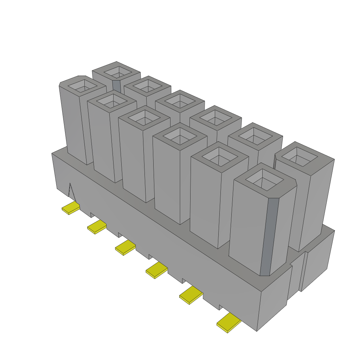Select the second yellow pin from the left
(97, 227)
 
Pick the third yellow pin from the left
(125, 248)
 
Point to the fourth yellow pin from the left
(156, 270)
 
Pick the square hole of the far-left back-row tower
(116, 72)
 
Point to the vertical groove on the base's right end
(304, 271)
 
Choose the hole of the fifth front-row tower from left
(219, 156)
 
